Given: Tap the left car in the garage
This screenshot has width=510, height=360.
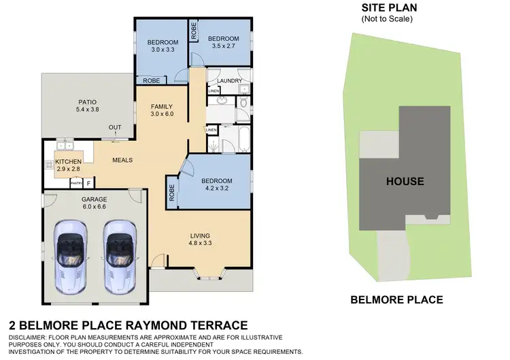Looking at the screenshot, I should [x=71, y=256].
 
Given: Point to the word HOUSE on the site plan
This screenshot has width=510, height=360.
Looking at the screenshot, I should [x=405, y=181].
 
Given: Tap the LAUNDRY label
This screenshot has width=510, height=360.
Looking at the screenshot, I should [x=230, y=81].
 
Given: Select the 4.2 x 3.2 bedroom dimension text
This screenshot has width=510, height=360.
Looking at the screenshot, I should [x=217, y=191].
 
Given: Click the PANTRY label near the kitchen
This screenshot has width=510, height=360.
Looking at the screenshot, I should [x=77, y=182].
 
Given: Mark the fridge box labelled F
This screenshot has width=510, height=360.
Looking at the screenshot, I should [x=89, y=182].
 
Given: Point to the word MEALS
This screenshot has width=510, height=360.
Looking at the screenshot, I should [x=122, y=161].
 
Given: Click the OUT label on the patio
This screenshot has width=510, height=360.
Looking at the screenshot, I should [x=115, y=127].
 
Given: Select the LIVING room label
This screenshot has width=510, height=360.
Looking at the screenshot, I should [x=201, y=238].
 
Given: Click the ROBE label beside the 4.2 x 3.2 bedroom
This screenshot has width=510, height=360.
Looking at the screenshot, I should [x=171, y=191].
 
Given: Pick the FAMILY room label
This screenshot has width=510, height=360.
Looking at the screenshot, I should [x=162, y=106].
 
